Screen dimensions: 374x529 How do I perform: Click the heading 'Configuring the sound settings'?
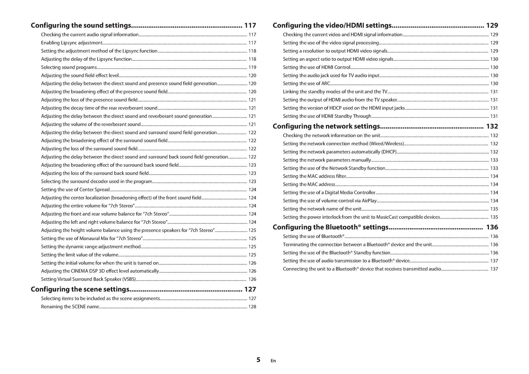tap(81, 25)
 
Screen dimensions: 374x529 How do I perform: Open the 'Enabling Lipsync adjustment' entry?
tap(72, 43)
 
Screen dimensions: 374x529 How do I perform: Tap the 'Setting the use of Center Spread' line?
tap(75, 189)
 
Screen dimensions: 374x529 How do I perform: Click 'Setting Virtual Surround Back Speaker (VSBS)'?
tap(88, 279)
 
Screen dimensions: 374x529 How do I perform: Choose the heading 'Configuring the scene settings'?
tap(80, 289)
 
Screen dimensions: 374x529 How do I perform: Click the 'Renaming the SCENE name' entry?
tap(70, 307)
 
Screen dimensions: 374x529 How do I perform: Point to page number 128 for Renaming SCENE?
tap(252, 307)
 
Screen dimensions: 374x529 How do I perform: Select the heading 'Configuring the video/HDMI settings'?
tap(332, 25)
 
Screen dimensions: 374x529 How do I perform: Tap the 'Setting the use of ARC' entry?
tap(306, 84)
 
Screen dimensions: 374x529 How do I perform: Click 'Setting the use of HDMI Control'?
tap(316, 67)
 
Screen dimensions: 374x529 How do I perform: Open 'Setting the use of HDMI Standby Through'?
tap(327, 116)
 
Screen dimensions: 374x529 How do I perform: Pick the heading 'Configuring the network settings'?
tap(326, 126)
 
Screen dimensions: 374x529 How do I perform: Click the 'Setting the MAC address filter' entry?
tap(314, 176)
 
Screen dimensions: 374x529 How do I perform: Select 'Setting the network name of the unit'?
tap(322, 209)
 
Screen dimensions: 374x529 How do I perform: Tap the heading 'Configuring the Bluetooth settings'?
tap(330, 227)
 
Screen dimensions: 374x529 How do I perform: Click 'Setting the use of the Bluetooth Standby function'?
tap(337, 253)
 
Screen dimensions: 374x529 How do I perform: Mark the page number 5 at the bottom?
tap(258, 360)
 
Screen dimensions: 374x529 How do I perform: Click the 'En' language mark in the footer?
tap(273, 361)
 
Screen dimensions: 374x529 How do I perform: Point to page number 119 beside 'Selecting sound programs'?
tap(252, 67)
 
